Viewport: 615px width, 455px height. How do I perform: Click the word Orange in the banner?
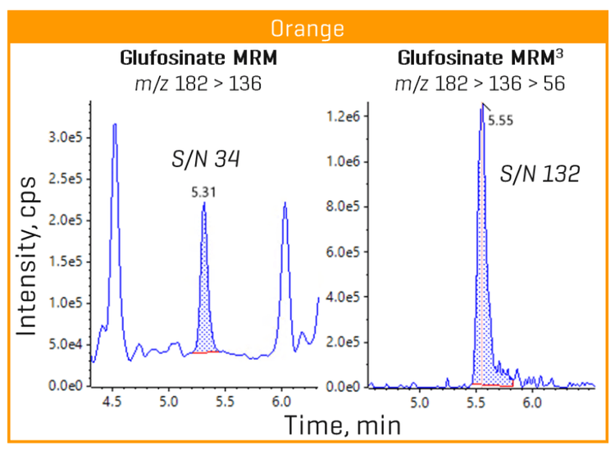tap(307, 29)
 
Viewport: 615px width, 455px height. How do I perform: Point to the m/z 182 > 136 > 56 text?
tap(480, 83)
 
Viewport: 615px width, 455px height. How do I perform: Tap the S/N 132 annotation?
tap(540, 174)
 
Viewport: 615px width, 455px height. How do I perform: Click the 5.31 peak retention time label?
tap(203, 193)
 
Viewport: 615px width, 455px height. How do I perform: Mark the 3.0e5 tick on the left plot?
tap(66, 137)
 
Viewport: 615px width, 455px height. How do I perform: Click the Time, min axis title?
tap(343, 426)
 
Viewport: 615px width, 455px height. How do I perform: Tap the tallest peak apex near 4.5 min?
tap(115, 125)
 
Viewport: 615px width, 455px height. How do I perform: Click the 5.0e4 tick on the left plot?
tap(66, 344)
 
